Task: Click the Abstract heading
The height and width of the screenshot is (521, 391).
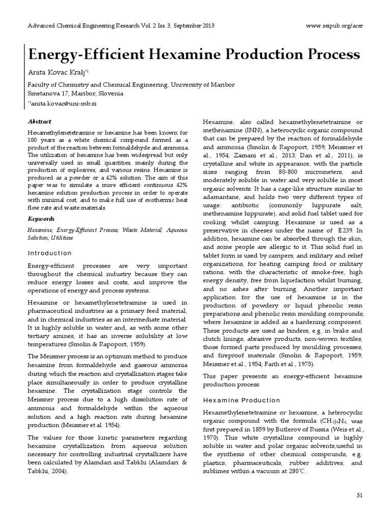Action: (x=40, y=122)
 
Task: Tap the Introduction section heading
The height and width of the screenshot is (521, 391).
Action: (x=49, y=253)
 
